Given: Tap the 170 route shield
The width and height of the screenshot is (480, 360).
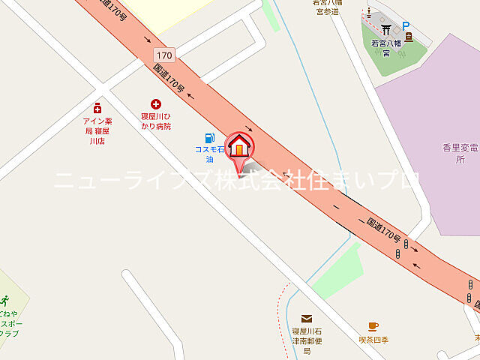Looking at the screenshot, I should click(165, 55).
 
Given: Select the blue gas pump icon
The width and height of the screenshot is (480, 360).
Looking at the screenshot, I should click(210, 138).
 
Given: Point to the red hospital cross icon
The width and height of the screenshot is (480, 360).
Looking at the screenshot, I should click(156, 104).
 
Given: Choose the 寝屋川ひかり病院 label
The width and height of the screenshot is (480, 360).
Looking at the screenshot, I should click(156, 121).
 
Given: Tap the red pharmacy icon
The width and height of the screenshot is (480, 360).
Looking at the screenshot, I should click(97, 108).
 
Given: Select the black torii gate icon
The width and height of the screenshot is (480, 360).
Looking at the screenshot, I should click(387, 30).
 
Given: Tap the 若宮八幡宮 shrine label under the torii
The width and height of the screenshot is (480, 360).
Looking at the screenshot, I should click(386, 48).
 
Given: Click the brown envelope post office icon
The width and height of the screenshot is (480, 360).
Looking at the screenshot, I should click(307, 319).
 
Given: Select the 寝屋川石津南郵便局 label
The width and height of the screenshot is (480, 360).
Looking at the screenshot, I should click(306, 340).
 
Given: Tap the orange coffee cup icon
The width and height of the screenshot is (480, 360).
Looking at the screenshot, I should click(373, 326).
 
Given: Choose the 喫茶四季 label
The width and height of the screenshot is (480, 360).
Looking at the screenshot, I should click(373, 340).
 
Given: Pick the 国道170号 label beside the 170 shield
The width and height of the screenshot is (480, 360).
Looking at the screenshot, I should click(169, 78).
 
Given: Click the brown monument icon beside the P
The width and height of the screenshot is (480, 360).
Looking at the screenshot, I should click(408, 36).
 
